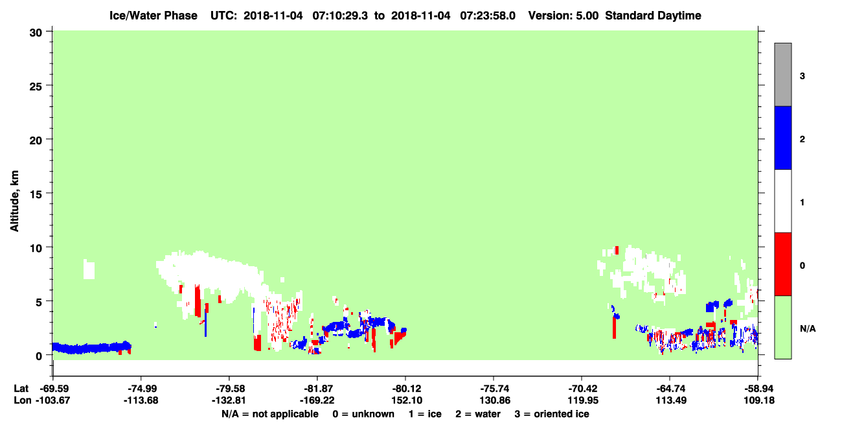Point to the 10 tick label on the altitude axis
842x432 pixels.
36,248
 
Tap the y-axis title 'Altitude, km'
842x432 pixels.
14,201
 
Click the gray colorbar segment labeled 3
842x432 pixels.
782,74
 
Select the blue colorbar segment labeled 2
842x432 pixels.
782,137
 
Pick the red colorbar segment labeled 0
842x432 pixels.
782,264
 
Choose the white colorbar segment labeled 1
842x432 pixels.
782,201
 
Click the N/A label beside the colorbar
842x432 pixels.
808,329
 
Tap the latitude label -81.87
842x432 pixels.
317,389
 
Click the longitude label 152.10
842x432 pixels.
405,400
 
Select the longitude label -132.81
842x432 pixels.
229,400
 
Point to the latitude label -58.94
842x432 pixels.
757,389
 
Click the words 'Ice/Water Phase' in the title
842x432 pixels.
154,16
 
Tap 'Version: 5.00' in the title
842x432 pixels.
563,16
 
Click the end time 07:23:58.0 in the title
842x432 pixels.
488,16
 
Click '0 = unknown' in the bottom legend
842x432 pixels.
363,414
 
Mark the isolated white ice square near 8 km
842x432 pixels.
89,270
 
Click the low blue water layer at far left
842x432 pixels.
91,348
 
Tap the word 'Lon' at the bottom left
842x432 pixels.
23,400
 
